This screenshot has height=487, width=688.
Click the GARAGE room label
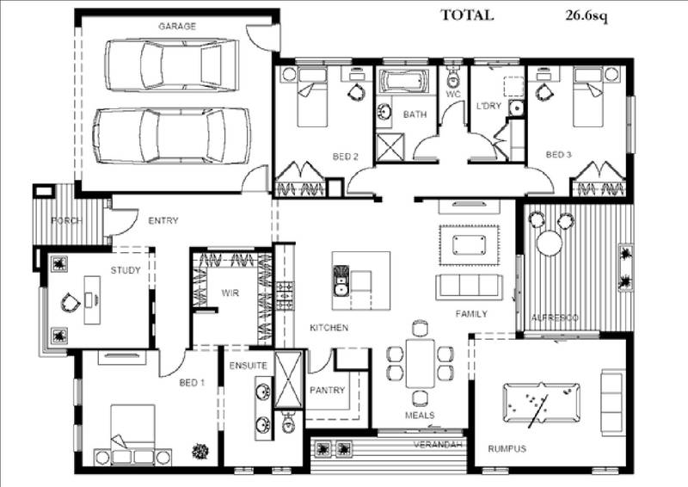176,27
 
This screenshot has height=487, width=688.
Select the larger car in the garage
171,135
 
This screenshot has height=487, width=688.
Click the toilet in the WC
453,78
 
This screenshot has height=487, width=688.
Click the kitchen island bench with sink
360,280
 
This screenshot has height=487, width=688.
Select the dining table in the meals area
420,362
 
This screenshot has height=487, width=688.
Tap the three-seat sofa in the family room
470,287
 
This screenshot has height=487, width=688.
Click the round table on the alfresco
549,243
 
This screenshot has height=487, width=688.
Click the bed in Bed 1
132,428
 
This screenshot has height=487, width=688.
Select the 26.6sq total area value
587,15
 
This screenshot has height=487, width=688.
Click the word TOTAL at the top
467,15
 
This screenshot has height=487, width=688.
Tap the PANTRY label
327,391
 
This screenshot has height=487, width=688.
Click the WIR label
230,293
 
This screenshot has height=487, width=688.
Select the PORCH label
65,221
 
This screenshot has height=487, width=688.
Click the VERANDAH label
439,444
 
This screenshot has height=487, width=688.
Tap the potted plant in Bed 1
201,449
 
